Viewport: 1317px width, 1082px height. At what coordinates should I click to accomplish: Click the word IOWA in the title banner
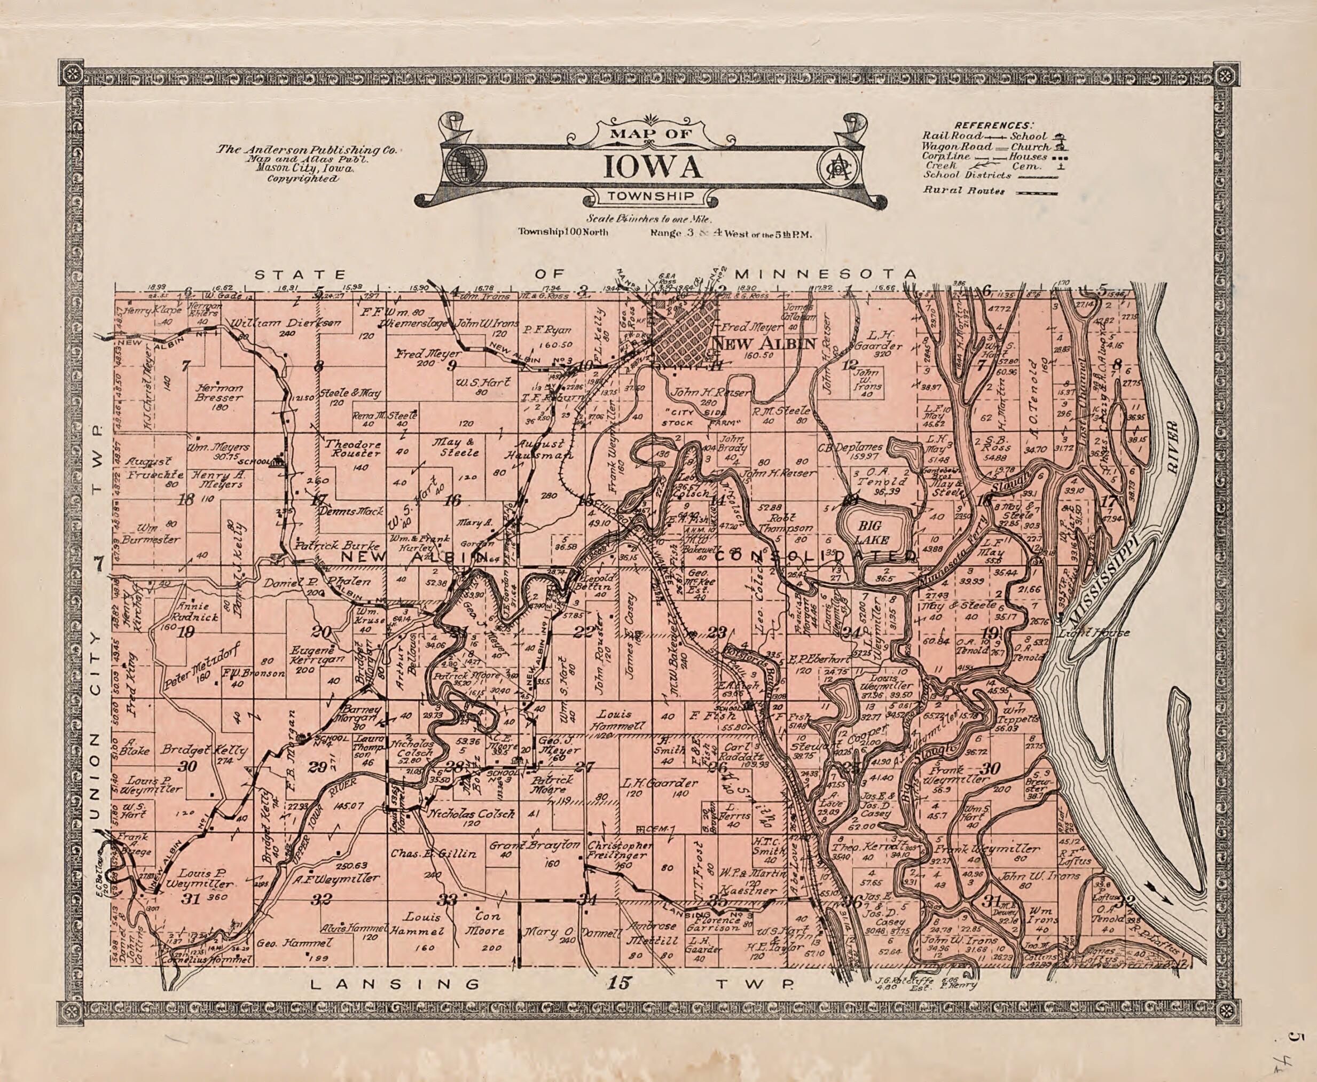coord(653,166)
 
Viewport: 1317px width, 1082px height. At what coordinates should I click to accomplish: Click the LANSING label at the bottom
coord(395,984)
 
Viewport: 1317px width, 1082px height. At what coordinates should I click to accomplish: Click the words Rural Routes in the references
coord(963,191)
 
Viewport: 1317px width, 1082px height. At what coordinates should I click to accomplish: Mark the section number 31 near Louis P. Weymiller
coord(191,898)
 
